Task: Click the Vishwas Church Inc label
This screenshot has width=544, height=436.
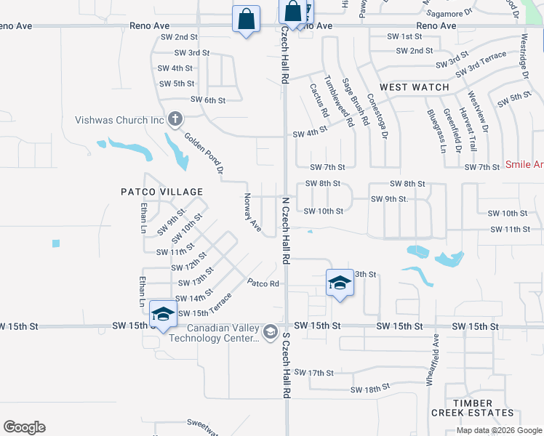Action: (x=119, y=120)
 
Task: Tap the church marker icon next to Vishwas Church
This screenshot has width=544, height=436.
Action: (x=175, y=118)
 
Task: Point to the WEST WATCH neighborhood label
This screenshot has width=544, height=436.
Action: (x=415, y=87)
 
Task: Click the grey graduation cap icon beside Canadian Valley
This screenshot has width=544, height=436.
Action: (x=271, y=332)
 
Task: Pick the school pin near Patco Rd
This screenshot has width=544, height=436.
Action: (x=340, y=281)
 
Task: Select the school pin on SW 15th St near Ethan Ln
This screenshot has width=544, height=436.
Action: (x=164, y=313)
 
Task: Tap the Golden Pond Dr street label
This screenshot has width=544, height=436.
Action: (x=204, y=153)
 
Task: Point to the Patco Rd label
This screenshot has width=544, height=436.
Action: (x=263, y=283)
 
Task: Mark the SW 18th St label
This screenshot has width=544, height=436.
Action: (x=370, y=389)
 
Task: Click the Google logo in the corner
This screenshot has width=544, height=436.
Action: (x=24, y=427)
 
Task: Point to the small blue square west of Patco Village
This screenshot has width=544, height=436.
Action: (x=56, y=243)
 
